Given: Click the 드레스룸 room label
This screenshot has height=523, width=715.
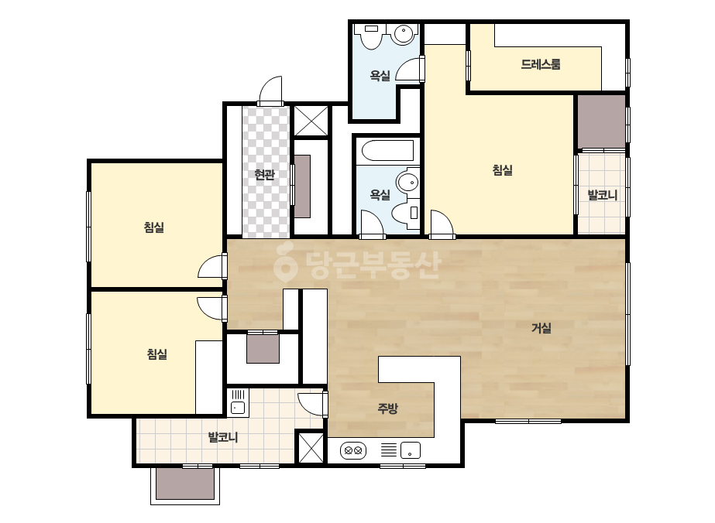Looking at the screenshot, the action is click(541, 64).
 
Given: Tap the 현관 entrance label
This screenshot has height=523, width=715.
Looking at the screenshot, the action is click(264, 174).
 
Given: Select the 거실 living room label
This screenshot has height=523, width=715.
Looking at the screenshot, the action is click(541, 327).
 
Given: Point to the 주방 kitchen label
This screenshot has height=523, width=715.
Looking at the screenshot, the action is click(387, 408).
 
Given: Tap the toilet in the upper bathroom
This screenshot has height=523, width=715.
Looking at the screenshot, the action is click(370, 36).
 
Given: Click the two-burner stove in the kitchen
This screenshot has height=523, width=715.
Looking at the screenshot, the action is click(353, 450).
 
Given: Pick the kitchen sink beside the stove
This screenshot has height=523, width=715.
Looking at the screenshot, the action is click(411, 450).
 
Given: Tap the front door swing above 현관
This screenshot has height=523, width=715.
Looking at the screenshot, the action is click(270, 91).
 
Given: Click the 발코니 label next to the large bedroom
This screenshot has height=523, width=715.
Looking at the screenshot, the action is click(602, 195).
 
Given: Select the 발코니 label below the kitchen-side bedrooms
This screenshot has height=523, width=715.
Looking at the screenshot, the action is click(223, 437).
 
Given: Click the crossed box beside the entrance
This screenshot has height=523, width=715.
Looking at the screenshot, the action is click(311, 121).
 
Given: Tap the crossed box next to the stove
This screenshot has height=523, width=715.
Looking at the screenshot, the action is click(311, 448).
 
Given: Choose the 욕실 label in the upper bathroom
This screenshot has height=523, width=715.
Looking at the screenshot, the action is click(380, 75).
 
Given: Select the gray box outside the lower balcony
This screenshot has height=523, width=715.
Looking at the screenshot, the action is click(184, 484).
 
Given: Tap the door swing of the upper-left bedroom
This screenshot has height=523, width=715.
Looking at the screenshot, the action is click(211, 266).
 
